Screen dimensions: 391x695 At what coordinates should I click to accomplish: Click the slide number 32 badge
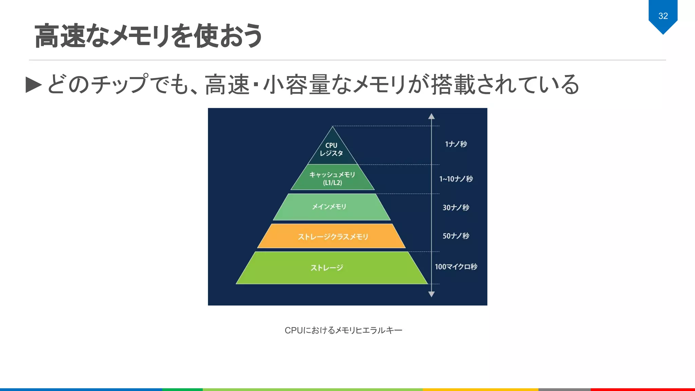[663, 16]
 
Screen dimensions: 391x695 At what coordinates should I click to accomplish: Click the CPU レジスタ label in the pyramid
[332, 149]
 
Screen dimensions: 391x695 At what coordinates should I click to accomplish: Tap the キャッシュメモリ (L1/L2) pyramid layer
[332, 179]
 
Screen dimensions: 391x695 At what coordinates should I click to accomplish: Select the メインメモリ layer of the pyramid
[330, 207]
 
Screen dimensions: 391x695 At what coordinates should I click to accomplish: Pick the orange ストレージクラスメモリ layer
[333, 237]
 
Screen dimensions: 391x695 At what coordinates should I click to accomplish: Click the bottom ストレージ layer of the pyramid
[327, 268]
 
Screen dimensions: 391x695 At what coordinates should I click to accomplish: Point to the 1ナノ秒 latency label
[456, 144]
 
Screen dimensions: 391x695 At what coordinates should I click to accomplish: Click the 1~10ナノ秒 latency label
[456, 179]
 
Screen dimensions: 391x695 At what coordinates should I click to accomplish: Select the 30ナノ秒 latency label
[456, 207]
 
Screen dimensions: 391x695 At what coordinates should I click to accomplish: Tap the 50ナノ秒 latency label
[456, 236]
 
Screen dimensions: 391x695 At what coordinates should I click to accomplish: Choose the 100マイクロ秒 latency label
[456, 267]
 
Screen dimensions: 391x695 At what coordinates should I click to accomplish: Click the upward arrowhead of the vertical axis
[431, 116]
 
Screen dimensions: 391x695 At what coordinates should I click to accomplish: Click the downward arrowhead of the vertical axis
[431, 294]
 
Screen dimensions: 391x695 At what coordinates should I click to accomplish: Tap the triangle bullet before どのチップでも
[34, 85]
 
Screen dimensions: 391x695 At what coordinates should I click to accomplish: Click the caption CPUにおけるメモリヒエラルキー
[343, 330]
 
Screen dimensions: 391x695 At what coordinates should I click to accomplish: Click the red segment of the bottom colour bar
[642, 389]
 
